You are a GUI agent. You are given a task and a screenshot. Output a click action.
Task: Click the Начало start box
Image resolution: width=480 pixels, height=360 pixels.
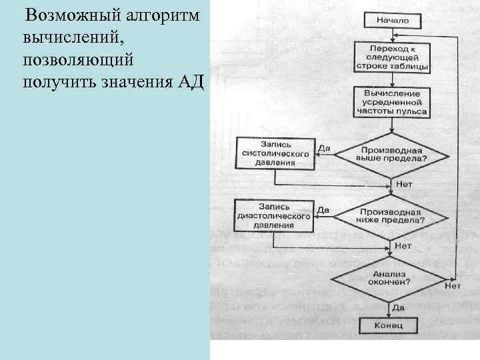coord(392,20)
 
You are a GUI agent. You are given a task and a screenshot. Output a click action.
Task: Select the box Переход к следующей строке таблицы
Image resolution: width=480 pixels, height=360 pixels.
coord(392,58)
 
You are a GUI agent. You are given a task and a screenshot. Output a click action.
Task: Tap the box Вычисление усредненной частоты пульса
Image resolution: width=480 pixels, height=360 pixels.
coord(392,101)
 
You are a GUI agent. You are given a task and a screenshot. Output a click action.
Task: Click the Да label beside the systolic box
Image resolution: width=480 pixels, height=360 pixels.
coord(324,148)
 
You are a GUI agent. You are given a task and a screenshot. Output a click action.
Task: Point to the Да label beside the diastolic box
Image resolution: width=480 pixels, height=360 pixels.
coord(323,210)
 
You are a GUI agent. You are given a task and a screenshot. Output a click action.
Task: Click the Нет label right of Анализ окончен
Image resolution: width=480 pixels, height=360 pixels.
coord(453,286)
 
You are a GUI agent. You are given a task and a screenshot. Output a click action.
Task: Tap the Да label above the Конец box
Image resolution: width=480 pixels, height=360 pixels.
coord(399,307)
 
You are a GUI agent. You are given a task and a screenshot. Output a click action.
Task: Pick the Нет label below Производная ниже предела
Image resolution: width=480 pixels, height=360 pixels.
coord(403,245)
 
